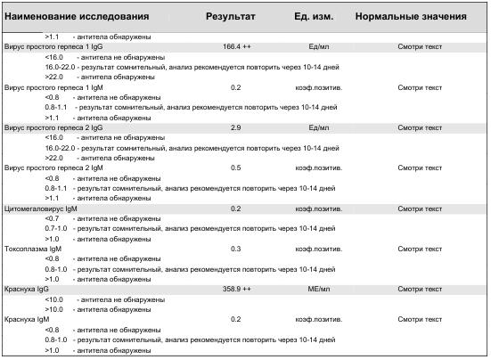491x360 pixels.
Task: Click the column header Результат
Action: [x=230, y=17]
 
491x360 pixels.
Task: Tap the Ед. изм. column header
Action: [x=313, y=17]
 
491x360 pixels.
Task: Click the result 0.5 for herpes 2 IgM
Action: [x=235, y=168]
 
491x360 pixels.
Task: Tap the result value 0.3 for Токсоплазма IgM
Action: [x=235, y=249]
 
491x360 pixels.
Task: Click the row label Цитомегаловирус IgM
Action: [x=42, y=209]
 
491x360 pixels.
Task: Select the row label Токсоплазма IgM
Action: [x=35, y=249]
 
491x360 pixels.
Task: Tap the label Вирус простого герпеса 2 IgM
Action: [x=54, y=168]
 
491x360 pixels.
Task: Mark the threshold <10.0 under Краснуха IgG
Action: [x=54, y=299]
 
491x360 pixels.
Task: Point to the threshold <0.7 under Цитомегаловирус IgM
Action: [x=52, y=218]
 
